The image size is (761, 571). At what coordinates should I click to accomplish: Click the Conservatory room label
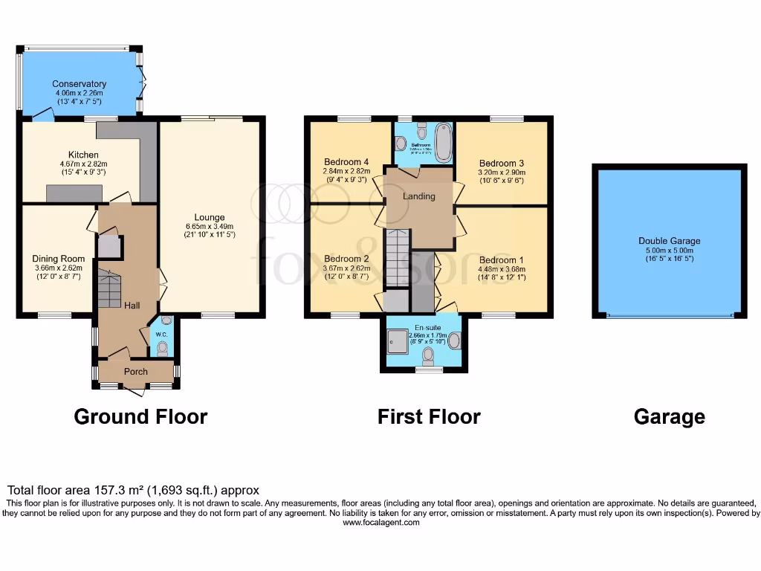[79, 84]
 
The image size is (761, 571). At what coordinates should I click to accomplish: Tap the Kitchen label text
[83, 155]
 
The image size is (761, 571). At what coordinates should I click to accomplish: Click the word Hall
[132, 306]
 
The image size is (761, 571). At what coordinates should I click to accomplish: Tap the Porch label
[135, 371]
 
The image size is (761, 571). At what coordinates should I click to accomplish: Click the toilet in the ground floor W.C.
[162, 348]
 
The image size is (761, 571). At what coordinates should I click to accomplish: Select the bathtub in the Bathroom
[444, 142]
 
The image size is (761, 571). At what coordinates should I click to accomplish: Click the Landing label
[418, 196]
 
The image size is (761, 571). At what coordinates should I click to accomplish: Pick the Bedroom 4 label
[346, 162]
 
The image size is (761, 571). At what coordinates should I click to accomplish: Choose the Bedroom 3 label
[502, 164]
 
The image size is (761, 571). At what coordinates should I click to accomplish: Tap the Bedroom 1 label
[502, 260]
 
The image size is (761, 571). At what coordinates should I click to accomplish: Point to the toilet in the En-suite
[428, 358]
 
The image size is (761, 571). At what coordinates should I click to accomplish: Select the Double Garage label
[669, 241]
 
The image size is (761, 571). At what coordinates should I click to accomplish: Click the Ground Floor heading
[140, 416]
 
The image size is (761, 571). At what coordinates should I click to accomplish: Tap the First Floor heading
[429, 416]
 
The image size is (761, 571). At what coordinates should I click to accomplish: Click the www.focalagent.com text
[381, 523]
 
